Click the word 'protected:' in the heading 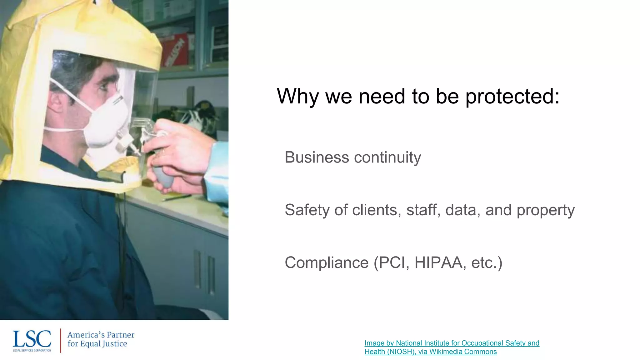tap(512, 97)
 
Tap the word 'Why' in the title tap(297, 97)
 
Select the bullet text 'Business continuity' tap(352, 157)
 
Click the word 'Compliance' tap(327, 262)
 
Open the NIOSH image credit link tap(452, 347)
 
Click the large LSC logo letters tap(32, 339)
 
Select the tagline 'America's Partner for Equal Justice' tap(101, 339)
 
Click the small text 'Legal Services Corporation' tap(32, 350)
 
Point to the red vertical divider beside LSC tap(60, 340)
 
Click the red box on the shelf tap(175, 50)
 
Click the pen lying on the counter tap(177, 197)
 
